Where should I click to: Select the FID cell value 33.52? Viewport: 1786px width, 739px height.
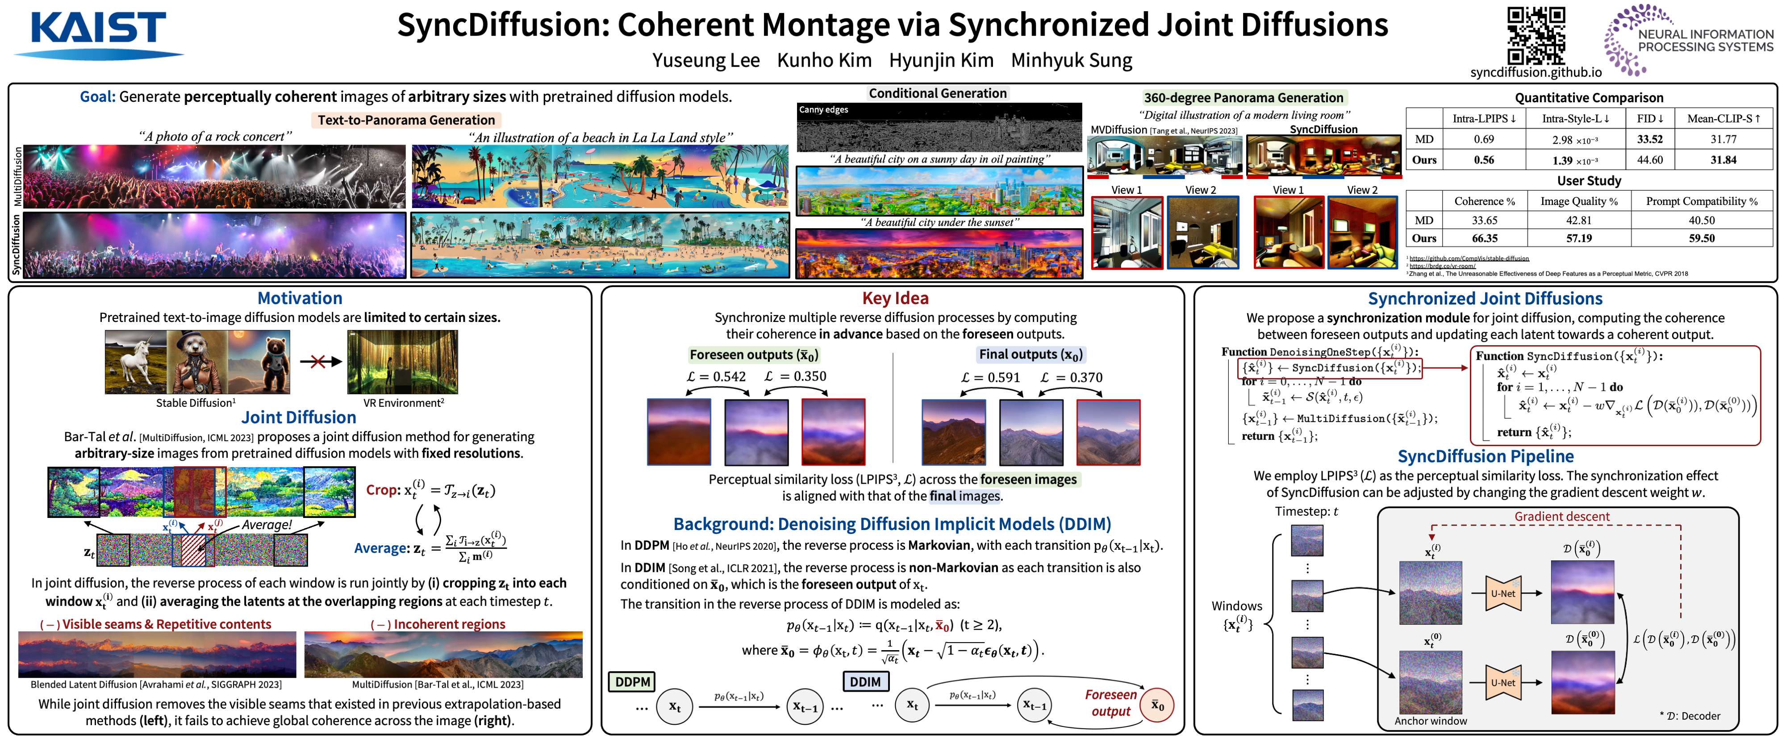tap(1649, 139)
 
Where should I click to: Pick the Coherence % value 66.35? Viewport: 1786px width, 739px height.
tap(1485, 238)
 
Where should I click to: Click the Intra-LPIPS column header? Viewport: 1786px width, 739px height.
tap(1484, 118)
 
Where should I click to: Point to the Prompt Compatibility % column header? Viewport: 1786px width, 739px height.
tap(1702, 201)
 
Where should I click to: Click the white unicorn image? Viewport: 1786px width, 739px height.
tap(136, 362)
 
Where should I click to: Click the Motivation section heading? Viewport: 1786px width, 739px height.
tap(300, 298)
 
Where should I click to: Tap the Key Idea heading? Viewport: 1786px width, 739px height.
tap(895, 298)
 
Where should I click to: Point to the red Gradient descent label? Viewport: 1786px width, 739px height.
tap(1561, 517)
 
